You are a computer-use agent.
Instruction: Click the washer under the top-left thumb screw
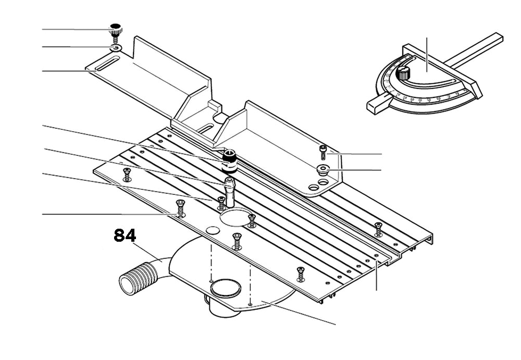(115, 48)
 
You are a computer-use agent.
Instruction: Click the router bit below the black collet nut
(229, 185)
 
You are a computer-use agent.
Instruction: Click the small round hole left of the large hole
(212, 230)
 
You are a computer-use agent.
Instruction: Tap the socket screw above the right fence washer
(324, 152)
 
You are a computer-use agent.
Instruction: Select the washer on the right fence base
(323, 168)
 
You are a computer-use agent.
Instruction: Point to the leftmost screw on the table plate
(126, 173)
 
